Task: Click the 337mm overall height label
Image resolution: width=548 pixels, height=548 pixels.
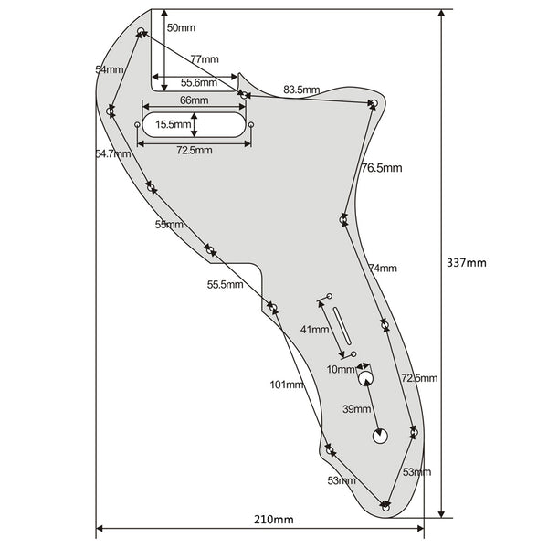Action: (x=466, y=263)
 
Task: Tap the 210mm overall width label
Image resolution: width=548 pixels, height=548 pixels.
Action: (x=274, y=520)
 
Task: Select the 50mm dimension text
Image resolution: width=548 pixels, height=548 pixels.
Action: (x=181, y=28)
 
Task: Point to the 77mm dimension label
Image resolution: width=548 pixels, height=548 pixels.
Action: (x=205, y=59)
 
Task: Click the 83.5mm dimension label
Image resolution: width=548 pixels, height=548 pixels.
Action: (x=301, y=90)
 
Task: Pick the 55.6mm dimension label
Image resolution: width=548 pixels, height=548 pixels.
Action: (x=199, y=83)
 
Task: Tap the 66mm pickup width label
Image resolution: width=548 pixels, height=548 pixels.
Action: (x=194, y=100)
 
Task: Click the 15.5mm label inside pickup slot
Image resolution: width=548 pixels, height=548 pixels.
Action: (x=173, y=124)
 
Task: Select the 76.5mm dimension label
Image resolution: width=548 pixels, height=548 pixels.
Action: (x=382, y=168)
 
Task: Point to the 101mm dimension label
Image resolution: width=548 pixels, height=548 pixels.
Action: (x=286, y=385)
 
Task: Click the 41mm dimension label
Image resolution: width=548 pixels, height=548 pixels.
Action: (x=314, y=329)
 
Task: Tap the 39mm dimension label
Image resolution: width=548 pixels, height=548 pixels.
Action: (x=356, y=409)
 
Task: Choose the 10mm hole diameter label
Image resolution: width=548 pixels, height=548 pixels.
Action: (x=341, y=369)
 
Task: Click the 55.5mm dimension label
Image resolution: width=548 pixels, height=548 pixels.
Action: (x=225, y=284)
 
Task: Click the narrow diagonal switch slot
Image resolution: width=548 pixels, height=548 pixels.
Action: (x=342, y=326)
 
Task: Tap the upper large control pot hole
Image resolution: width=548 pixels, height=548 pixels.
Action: (x=366, y=379)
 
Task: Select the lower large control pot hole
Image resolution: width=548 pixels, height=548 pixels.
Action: (x=380, y=437)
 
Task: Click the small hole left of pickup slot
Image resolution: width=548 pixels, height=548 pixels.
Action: (x=137, y=124)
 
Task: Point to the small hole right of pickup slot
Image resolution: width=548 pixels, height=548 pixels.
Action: (x=250, y=125)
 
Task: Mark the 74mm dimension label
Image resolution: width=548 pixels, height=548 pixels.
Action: (x=383, y=268)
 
